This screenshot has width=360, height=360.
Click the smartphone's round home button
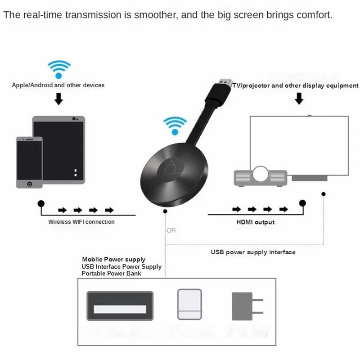click(x=29, y=184)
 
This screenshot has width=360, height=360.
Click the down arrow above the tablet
click(x=58, y=99)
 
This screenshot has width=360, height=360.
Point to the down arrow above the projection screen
click(x=299, y=99)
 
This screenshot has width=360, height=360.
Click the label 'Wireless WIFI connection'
click(x=81, y=222)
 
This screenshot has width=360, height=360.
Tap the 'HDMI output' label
click(x=255, y=222)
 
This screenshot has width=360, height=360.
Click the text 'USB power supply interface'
click(x=253, y=252)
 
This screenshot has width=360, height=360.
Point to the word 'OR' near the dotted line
click(x=171, y=230)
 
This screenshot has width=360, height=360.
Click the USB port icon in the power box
click(x=120, y=309)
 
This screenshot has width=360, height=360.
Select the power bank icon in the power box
click(x=189, y=304)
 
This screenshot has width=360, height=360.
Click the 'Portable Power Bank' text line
click(x=111, y=273)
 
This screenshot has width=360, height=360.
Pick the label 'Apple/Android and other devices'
click(x=58, y=85)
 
